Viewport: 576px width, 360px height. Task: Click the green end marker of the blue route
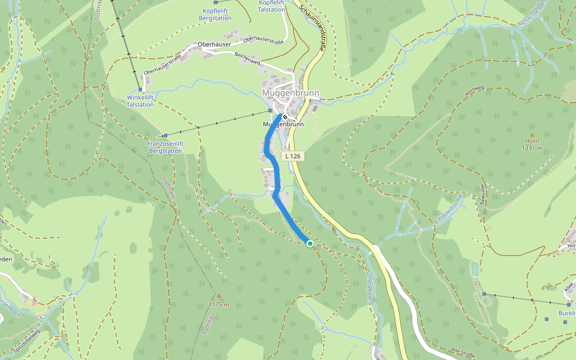(310, 243)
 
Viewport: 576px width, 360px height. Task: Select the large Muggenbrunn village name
(290, 93)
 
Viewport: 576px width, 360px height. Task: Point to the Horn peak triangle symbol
(532, 134)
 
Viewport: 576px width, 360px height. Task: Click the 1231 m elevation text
(532, 148)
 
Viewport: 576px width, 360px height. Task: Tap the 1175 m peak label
(219, 304)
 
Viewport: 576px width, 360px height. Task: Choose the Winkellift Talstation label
(140, 101)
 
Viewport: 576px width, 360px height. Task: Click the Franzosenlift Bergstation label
(164, 148)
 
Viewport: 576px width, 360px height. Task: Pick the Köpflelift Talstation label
(271, 6)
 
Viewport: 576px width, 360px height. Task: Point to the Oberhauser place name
(214, 45)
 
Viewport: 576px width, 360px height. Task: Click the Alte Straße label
(463, 350)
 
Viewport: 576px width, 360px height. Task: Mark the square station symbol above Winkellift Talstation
(140, 89)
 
